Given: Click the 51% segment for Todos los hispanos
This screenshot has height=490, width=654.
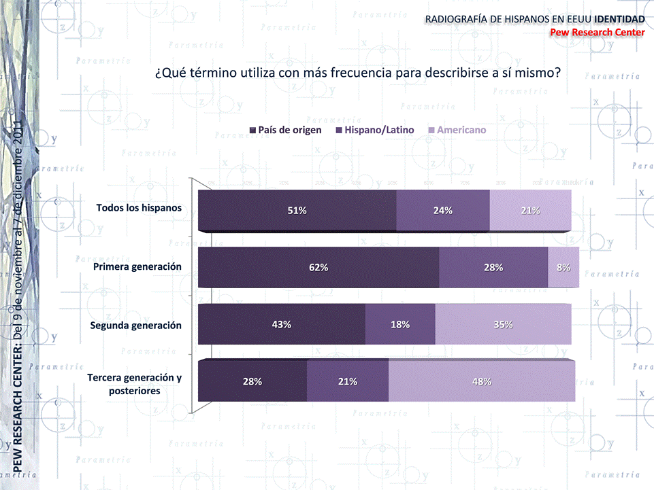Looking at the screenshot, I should tap(297, 211).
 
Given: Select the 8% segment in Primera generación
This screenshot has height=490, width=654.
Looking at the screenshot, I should tap(563, 268).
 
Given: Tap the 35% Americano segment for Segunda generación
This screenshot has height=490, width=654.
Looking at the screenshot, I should tap(503, 325).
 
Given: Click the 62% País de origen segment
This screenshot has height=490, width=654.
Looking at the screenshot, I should tap(318, 268).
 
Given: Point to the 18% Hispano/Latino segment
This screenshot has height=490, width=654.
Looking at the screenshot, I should tap(400, 325).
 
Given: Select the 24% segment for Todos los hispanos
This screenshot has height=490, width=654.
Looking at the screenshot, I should tap(443, 211).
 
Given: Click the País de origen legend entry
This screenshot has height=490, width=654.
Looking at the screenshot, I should tap(286, 130).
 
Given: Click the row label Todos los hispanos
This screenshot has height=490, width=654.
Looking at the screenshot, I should tap(139, 208).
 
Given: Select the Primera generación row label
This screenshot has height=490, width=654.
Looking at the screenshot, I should tap(137, 266).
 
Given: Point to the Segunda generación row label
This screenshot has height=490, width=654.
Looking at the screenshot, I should tap(136, 325).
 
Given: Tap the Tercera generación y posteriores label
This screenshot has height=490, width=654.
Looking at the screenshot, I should tap(134, 384).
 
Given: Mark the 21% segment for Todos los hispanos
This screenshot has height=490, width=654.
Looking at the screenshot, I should tap(531, 211).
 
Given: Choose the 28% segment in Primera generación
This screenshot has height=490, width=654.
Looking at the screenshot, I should tap(493, 268).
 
